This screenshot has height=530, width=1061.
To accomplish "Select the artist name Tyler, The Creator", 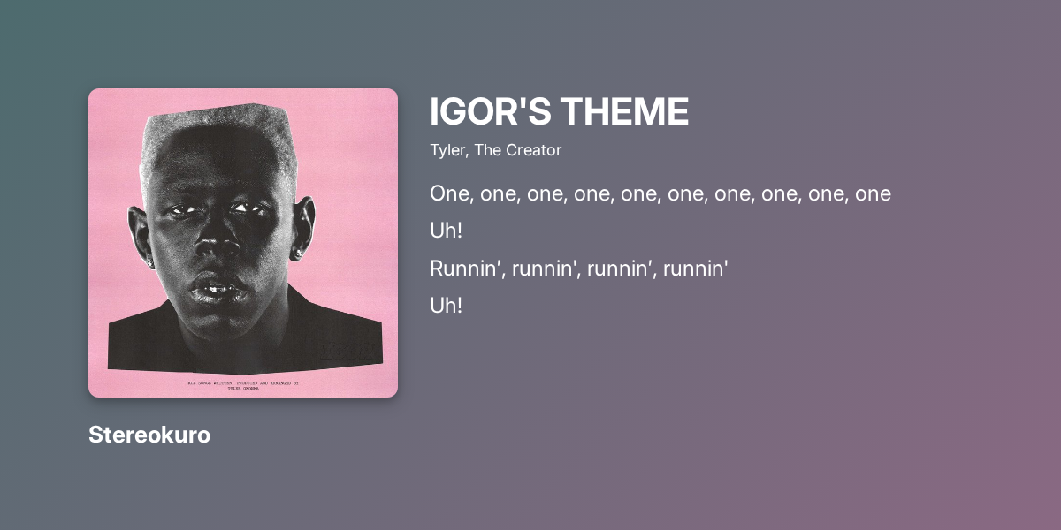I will pyautogui.click(x=495, y=150).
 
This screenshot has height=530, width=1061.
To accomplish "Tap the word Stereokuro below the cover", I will pyautogui.click(x=149, y=435).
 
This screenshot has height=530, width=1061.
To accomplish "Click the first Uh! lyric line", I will pyautogui.click(x=447, y=231).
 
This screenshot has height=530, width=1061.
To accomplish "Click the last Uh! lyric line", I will pyautogui.click(x=447, y=306).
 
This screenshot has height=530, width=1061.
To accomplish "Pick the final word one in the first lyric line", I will pyautogui.click(x=873, y=193).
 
